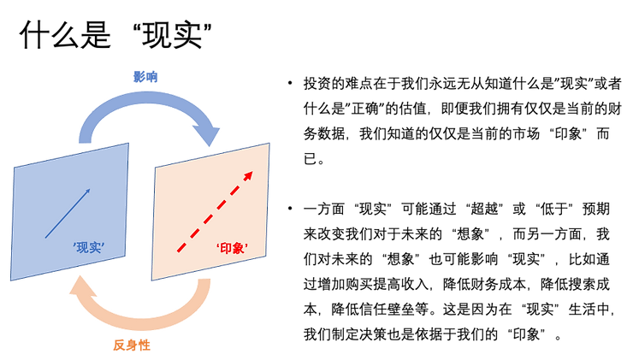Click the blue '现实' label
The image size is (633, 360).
coord(89,249)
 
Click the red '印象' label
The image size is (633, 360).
coord(232,249)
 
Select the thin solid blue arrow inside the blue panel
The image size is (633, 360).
coord(68,213)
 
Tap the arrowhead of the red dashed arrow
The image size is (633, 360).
coord(249,175)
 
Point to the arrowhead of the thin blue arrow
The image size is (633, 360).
coord(88,192)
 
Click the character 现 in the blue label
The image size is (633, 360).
coord(83,249)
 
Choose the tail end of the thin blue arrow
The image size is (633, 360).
coord(46,237)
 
